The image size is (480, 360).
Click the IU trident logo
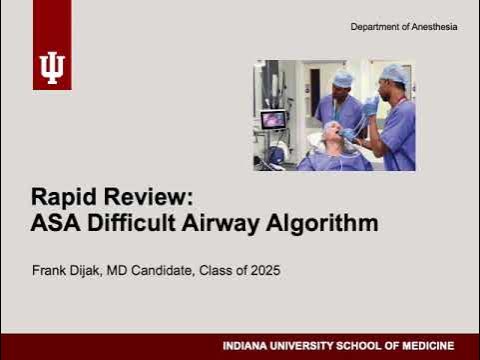[x=51, y=68]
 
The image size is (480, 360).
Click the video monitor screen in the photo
[x=272, y=120]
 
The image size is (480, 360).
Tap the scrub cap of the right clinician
[x=394, y=73]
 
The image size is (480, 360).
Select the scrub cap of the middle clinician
[x=343, y=77]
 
